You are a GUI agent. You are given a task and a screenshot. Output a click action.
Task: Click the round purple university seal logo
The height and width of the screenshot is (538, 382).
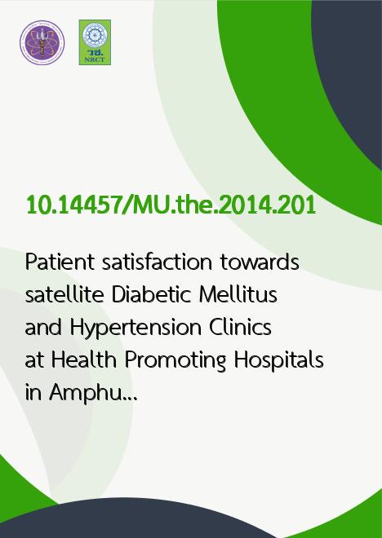(x=42, y=42)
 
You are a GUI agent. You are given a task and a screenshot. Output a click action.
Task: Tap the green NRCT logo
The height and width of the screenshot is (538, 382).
(x=95, y=42)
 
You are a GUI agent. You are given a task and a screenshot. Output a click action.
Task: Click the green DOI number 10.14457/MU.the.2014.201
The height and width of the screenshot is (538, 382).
(x=171, y=205)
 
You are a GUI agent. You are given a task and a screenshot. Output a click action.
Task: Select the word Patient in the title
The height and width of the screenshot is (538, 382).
(x=60, y=262)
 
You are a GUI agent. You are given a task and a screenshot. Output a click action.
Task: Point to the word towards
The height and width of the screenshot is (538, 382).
(x=260, y=262)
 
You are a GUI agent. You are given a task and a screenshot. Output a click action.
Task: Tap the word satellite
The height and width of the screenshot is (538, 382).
(x=64, y=295)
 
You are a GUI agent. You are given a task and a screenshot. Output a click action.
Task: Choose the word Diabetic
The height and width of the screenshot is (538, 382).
(x=151, y=295)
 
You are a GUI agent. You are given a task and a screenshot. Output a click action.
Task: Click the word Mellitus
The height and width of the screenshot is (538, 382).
(x=238, y=295)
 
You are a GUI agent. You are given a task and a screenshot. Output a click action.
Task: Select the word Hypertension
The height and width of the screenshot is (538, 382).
(x=135, y=329)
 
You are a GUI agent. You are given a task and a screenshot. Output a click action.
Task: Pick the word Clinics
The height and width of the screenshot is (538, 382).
(x=241, y=328)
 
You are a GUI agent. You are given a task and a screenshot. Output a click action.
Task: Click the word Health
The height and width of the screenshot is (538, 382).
(x=84, y=360)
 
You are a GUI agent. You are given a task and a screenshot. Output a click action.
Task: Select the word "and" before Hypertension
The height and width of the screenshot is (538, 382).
(x=43, y=328)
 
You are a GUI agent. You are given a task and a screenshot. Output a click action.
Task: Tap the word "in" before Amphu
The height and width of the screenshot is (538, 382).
(x=33, y=393)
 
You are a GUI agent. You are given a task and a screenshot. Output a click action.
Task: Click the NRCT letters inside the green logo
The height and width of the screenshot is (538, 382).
(x=95, y=60)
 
